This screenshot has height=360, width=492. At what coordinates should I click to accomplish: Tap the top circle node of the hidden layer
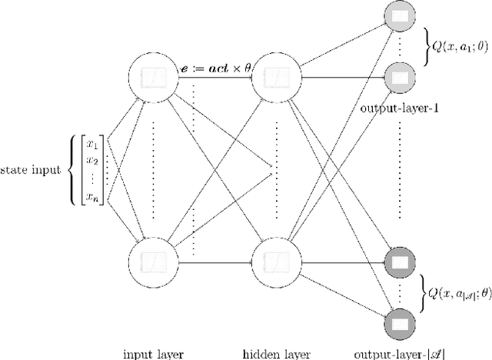274,76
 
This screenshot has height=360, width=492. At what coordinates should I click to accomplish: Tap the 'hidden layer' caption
275,353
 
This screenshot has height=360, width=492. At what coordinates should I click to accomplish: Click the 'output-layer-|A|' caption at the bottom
398,353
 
